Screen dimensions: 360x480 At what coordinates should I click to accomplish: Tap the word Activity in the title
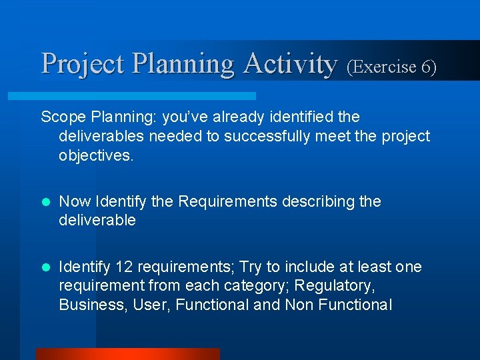tap(291, 64)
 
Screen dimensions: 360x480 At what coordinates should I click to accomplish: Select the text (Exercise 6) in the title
tap(391, 67)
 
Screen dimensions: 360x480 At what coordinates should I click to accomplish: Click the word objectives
tap(96, 155)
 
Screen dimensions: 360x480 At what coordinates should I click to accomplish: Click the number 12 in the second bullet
tap(123, 267)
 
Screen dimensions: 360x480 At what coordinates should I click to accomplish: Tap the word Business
tap(87, 305)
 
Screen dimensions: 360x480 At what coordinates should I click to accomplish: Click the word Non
tap(301, 305)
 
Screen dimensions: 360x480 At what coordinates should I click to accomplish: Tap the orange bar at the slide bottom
tap(127, 354)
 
